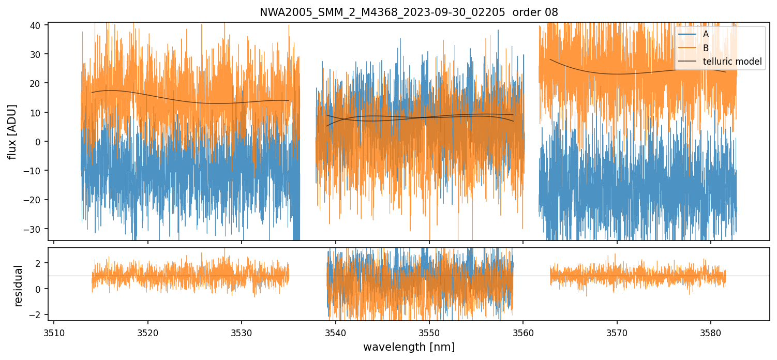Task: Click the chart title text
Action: point(409,12)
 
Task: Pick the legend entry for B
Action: point(706,48)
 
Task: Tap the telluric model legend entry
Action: point(733,62)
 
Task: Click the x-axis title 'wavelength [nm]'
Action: point(409,347)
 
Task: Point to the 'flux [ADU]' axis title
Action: point(12,131)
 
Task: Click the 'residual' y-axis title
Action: point(19,286)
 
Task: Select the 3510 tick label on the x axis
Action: point(54,332)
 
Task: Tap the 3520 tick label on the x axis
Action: point(148,332)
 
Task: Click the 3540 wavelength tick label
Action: point(336,332)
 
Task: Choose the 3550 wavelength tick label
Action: point(429,332)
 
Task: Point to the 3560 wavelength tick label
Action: point(523,332)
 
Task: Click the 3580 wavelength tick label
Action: point(710,332)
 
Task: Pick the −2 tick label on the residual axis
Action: point(39,314)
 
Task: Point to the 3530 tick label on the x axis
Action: point(242,332)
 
